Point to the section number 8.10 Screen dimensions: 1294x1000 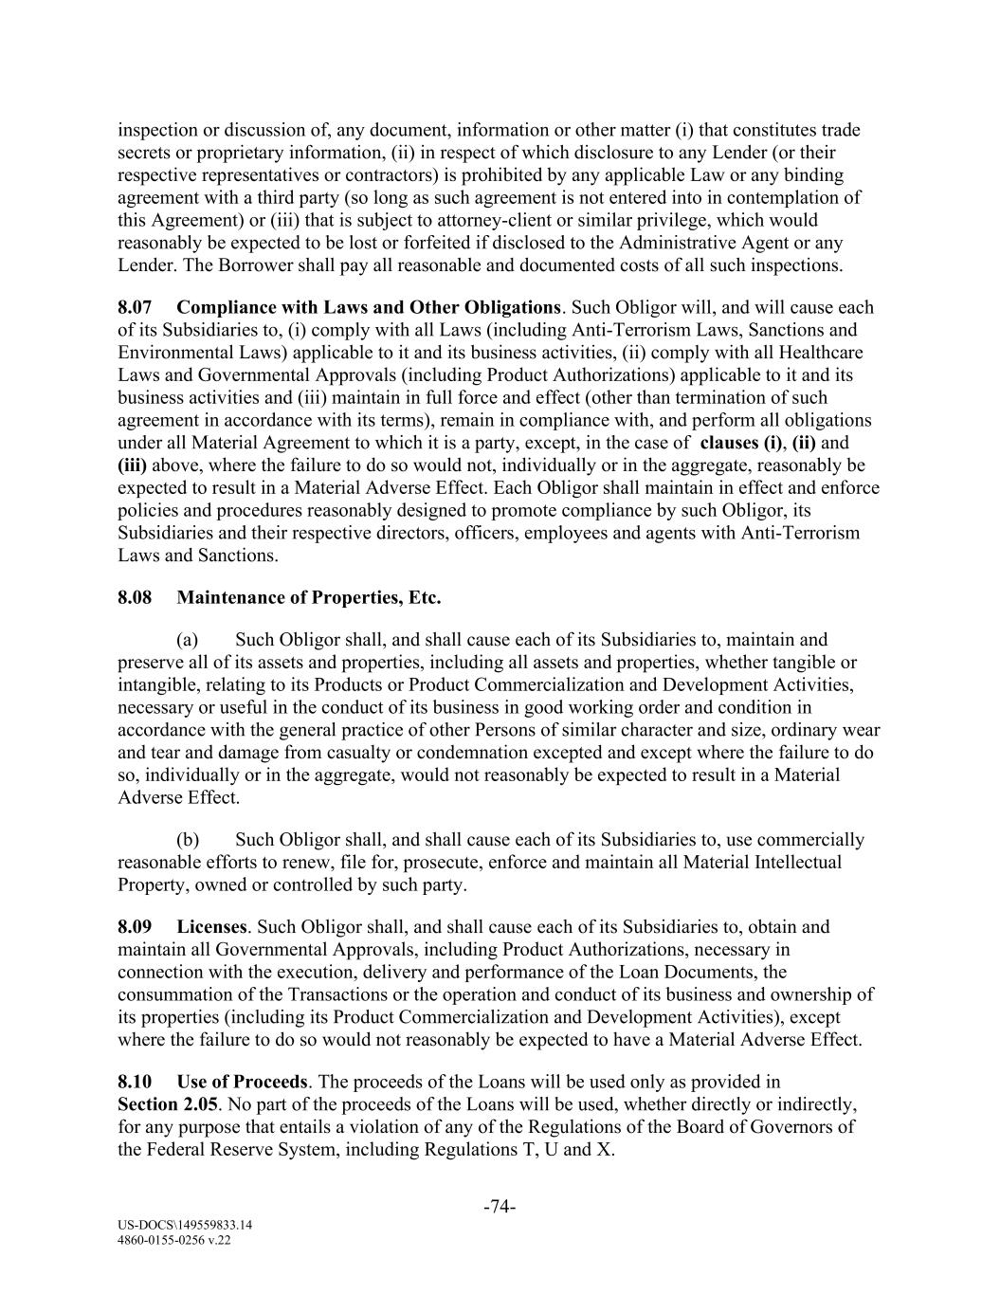tap(134, 1082)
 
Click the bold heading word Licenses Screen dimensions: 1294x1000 tap(211, 926)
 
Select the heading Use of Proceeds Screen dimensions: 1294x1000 tap(242, 1082)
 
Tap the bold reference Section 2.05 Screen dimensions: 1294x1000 tap(168, 1104)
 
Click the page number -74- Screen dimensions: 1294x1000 tap(500, 1207)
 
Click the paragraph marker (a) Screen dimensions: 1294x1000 tap(187, 639)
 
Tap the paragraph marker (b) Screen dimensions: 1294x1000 tap(188, 839)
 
